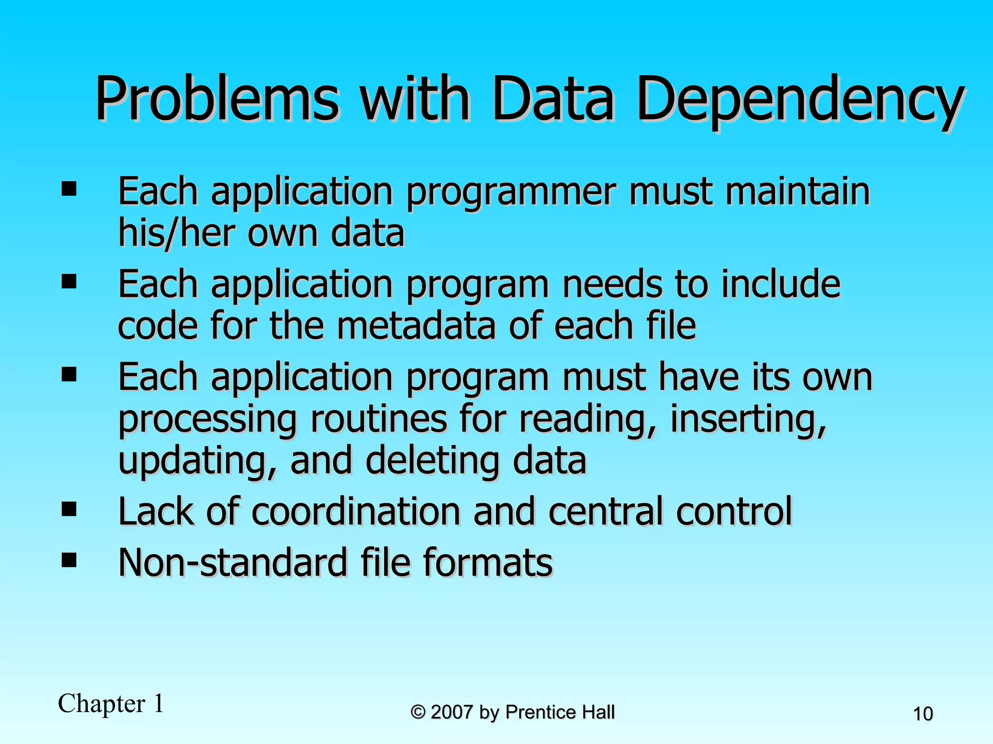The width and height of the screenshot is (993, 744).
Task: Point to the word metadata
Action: click(x=416, y=325)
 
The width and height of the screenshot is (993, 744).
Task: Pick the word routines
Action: click(x=379, y=418)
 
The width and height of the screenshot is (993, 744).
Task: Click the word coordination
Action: click(x=356, y=511)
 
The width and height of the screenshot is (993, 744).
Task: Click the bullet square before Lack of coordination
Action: click(x=69, y=509)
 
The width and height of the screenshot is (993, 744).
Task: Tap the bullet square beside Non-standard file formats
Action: click(x=69, y=560)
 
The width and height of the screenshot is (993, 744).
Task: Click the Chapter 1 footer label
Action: click(x=111, y=704)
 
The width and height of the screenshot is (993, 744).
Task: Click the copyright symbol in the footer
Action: click(x=418, y=713)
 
